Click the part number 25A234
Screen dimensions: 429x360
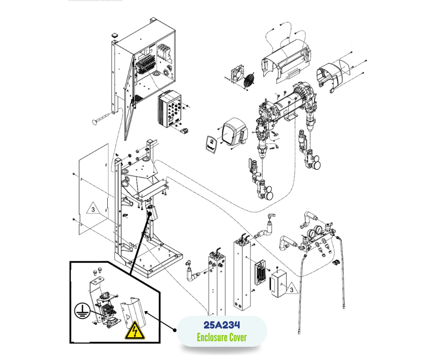click(222, 325)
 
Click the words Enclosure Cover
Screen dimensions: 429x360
click(222, 337)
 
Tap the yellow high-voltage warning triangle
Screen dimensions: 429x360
click(135, 330)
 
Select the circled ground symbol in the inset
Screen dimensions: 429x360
click(82, 311)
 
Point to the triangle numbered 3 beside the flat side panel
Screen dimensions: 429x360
click(93, 208)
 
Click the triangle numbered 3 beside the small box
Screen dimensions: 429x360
click(291, 289)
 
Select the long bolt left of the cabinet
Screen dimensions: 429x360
click(102, 118)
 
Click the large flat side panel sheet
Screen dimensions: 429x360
click(94, 189)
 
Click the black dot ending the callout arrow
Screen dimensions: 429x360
click(175, 330)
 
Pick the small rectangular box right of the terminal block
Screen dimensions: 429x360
click(278, 285)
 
